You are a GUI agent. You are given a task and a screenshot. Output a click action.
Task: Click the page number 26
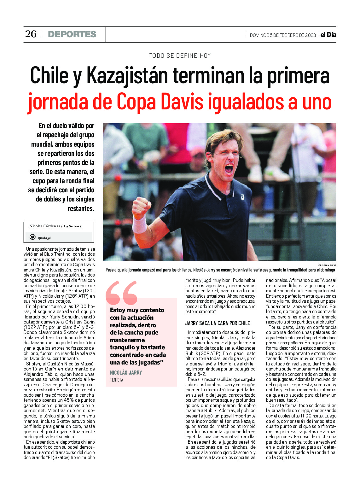(31, 34)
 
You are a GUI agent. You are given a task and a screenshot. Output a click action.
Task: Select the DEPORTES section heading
(72, 34)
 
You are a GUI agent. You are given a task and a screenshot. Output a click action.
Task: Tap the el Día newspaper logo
(328, 35)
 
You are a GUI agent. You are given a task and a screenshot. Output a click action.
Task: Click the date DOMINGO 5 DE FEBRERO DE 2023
(282, 35)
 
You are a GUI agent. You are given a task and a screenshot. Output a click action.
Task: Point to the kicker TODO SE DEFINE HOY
(180, 56)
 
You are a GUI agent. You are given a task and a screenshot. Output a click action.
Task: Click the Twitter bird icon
(32, 237)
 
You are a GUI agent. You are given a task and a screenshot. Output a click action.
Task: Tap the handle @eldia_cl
(44, 238)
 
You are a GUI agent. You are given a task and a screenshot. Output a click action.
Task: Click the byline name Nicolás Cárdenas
(44, 226)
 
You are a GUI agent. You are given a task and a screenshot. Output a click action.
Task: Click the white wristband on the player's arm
(139, 224)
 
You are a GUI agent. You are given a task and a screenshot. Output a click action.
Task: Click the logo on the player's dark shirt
(242, 197)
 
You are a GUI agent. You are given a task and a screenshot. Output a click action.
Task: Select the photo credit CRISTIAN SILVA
(327, 265)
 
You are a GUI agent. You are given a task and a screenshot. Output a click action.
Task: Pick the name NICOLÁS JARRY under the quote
(126, 373)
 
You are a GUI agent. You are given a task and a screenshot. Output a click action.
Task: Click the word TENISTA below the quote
(116, 380)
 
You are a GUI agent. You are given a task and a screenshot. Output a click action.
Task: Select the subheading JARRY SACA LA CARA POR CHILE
(218, 323)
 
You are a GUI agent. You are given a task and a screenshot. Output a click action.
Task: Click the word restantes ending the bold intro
(81, 209)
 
